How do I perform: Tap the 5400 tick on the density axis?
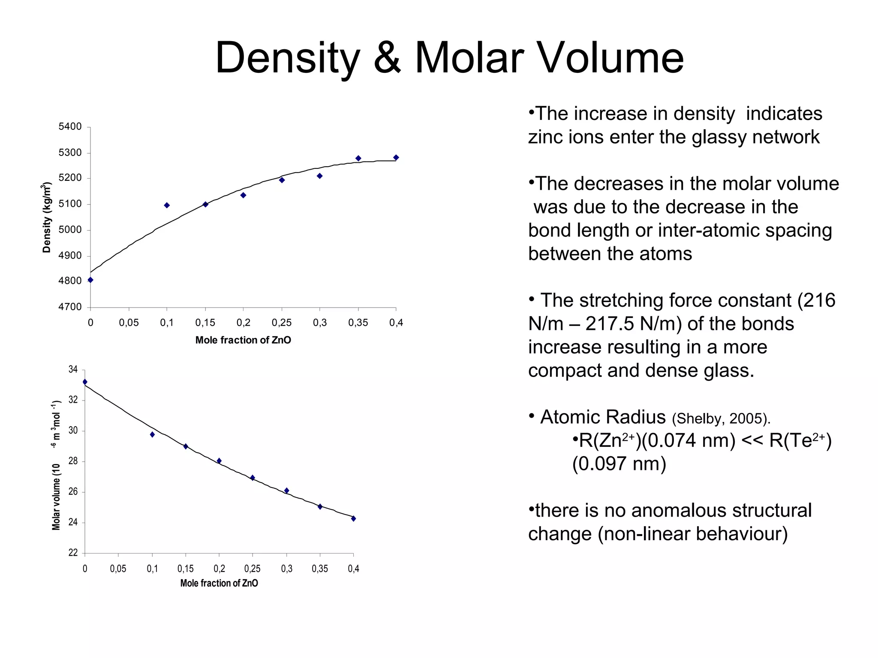[x=70, y=126]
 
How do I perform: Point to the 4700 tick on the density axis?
[x=70, y=307]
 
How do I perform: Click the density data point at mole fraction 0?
[x=90, y=280]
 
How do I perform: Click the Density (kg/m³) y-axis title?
[x=47, y=217]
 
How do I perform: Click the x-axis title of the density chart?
[x=243, y=340]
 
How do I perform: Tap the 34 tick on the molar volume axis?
[x=73, y=369]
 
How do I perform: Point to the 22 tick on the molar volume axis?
[x=73, y=553]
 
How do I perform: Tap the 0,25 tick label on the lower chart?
[x=252, y=568]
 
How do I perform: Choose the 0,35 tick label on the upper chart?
[x=358, y=323]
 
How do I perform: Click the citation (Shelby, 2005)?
[x=721, y=419]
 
